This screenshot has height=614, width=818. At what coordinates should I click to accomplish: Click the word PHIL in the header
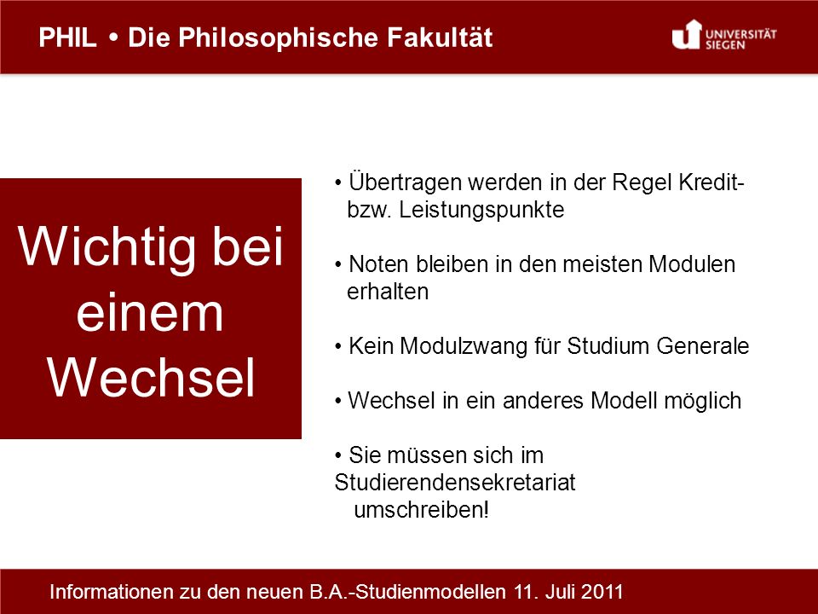68,38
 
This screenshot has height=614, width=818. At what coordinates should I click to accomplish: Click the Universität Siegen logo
724,35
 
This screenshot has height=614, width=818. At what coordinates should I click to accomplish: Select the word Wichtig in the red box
106,247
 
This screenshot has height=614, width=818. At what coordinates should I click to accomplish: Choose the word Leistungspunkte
481,210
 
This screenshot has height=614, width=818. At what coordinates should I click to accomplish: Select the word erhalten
388,292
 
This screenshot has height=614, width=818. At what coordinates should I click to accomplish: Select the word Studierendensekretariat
455,483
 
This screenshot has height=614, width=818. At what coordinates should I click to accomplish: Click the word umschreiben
419,510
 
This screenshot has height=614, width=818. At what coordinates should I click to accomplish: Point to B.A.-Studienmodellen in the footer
408,592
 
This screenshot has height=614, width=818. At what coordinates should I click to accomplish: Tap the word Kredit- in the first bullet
711,182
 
